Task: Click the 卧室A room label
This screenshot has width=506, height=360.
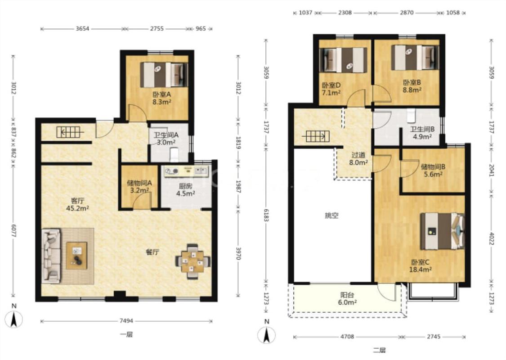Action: tap(161, 94)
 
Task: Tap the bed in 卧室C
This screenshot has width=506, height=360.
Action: tap(443, 231)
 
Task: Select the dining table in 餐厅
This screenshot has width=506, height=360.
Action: tap(193, 261)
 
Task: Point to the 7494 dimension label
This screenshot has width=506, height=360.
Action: tap(126, 321)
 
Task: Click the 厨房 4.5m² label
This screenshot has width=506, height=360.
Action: tap(186, 190)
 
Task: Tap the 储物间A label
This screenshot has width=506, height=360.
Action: tap(139, 183)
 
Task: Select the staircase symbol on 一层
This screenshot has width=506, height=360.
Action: tap(70, 132)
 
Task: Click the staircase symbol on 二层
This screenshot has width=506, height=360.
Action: tap(316, 136)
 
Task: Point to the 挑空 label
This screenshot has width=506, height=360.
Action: tap(332, 216)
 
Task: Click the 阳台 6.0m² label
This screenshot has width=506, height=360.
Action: tap(347, 299)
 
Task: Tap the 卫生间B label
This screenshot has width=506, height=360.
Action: tap(422, 129)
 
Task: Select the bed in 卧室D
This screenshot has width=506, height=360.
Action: tap(343, 60)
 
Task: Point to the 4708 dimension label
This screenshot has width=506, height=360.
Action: tap(347, 337)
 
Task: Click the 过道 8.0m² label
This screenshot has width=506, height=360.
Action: tap(358, 159)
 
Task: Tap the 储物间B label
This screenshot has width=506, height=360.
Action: tap(433, 167)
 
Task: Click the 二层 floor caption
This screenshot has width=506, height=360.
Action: tap(379, 350)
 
